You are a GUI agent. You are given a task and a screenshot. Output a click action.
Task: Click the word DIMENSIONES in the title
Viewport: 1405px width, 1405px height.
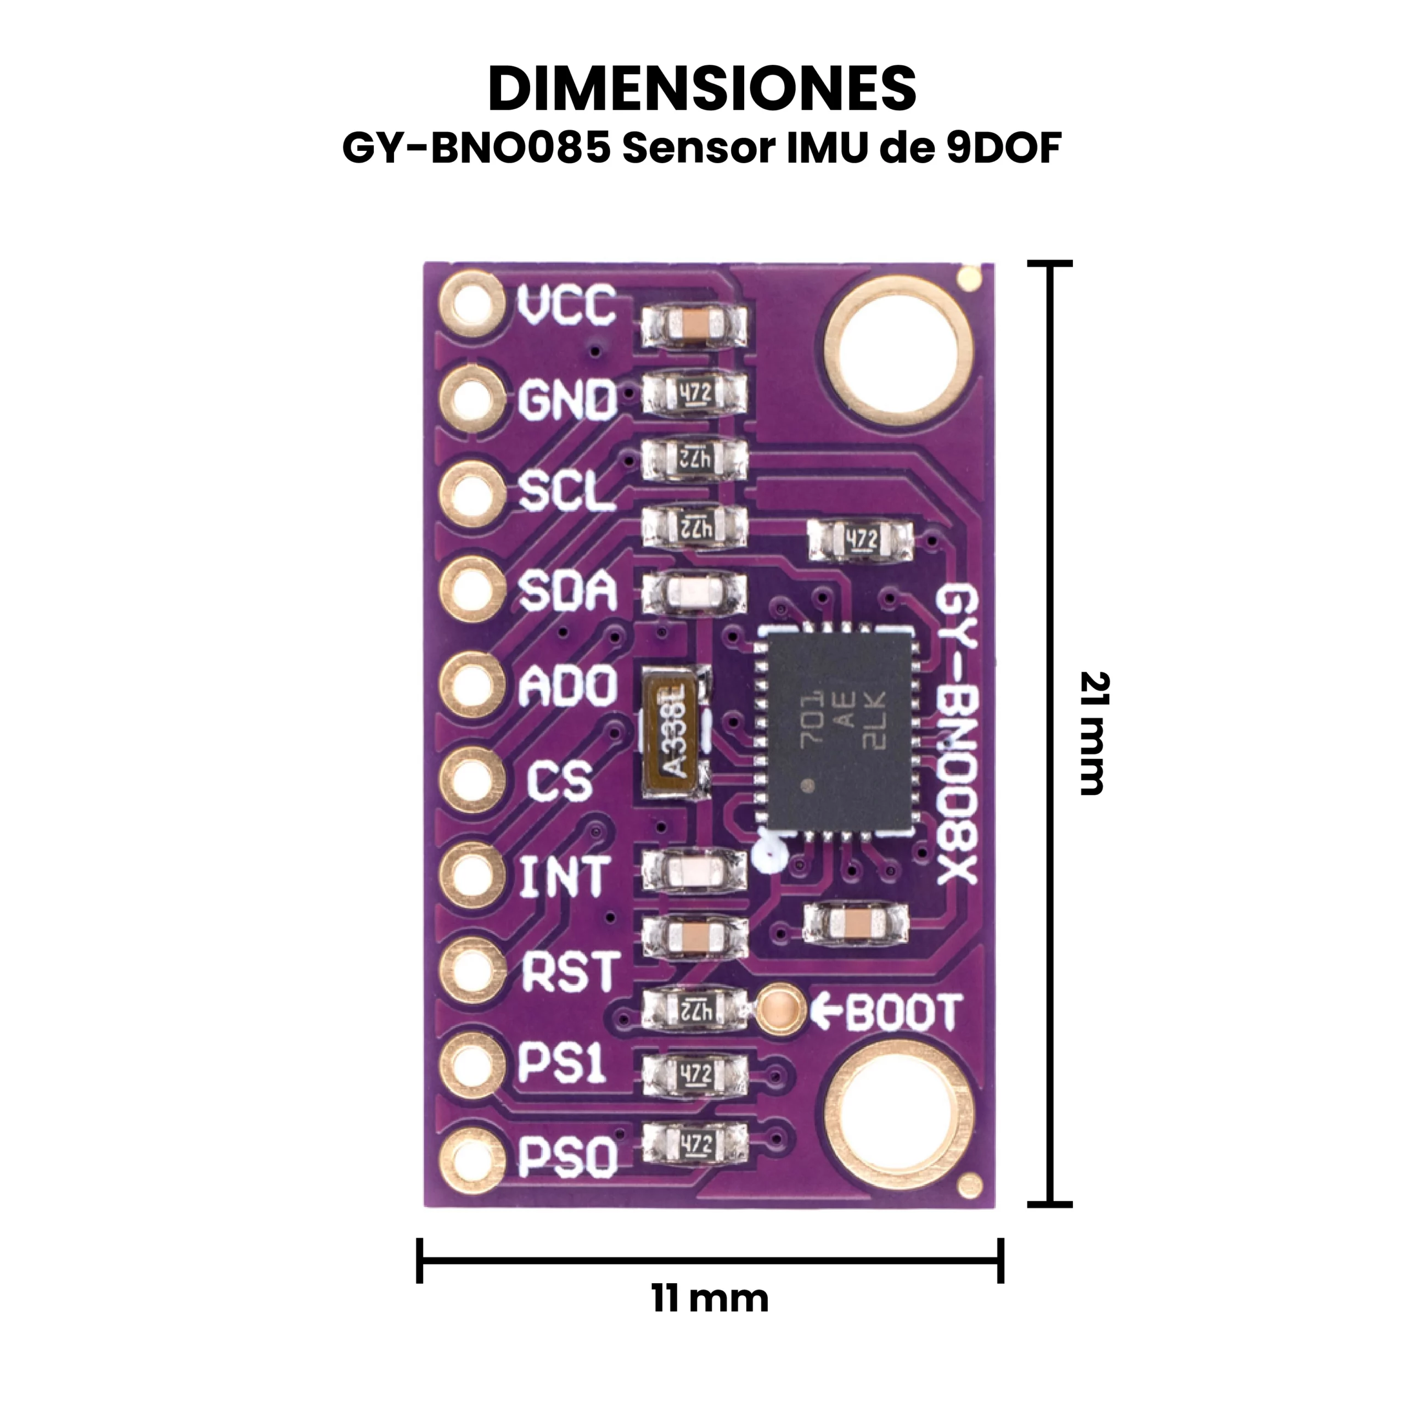(x=702, y=89)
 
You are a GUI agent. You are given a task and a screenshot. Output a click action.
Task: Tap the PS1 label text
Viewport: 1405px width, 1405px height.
(x=561, y=1065)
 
